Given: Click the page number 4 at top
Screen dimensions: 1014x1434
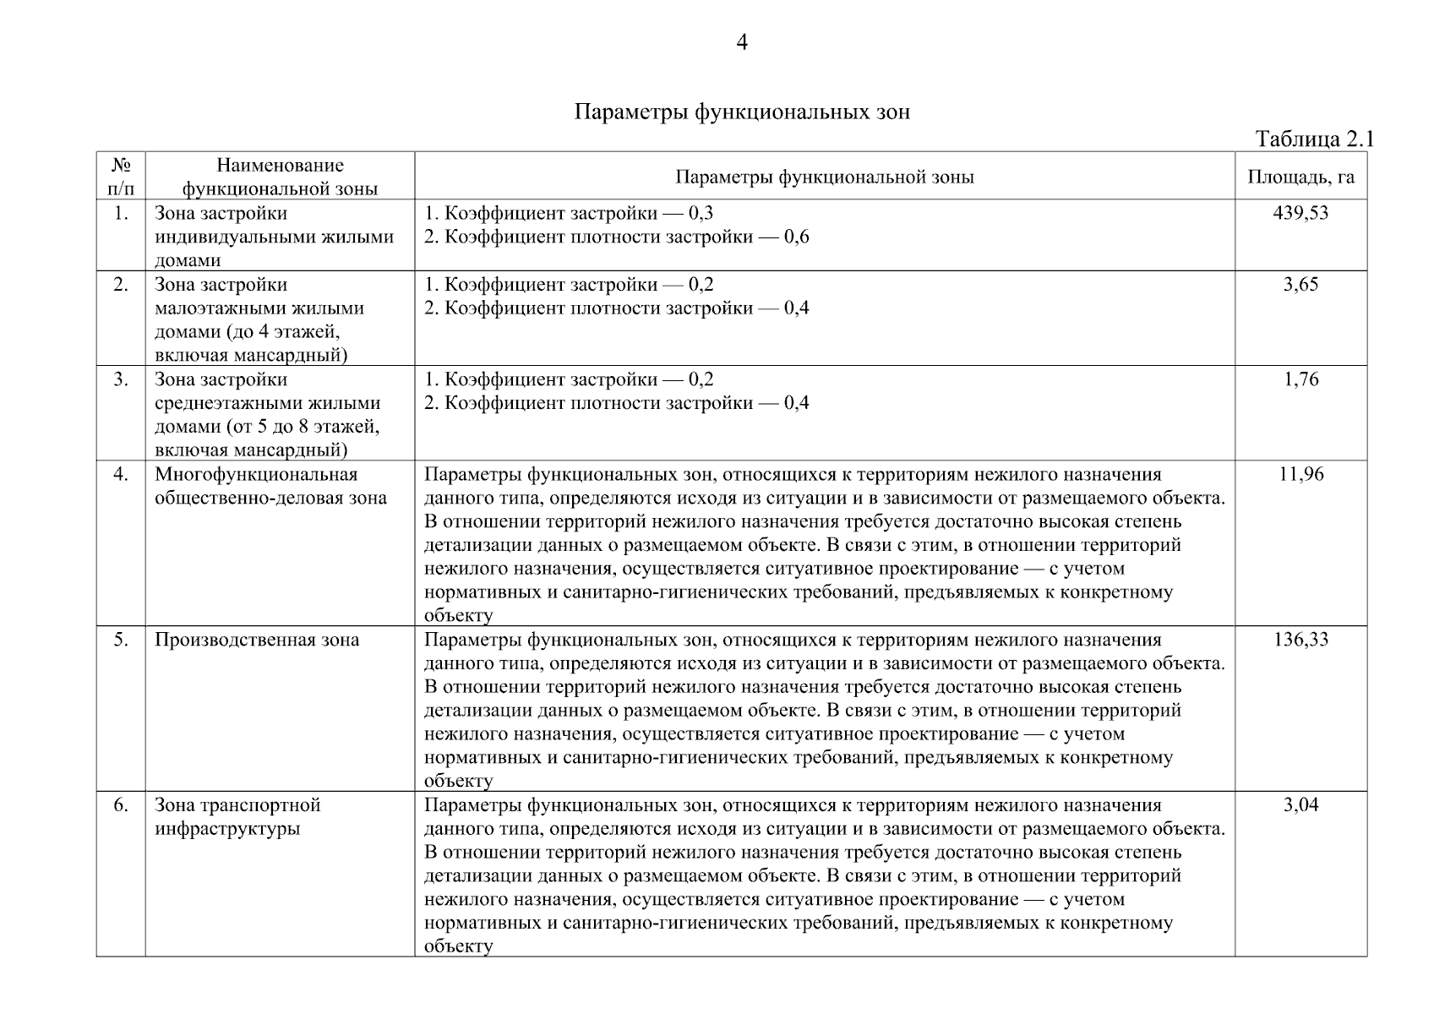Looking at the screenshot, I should [x=742, y=42].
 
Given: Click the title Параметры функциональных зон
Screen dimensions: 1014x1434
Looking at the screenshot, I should [x=742, y=112].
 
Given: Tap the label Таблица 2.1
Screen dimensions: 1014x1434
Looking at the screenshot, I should [x=1314, y=139].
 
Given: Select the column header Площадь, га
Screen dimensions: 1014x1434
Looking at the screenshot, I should [x=1300, y=177].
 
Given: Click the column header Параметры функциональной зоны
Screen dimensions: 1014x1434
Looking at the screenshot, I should [x=825, y=177].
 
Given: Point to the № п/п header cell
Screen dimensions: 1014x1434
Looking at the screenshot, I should [x=121, y=177].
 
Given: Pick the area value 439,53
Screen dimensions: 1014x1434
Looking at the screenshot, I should [x=1300, y=213].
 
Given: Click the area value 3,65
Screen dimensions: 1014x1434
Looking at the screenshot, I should [x=1300, y=285].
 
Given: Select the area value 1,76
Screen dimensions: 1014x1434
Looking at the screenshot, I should [x=1300, y=379].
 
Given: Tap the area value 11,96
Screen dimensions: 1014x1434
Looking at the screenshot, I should [x=1300, y=474].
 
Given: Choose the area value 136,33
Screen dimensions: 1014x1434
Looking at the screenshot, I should [x=1300, y=640].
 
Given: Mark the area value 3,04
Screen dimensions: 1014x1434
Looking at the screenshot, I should [x=1300, y=805].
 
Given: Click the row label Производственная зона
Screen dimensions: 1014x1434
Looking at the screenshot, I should [x=257, y=640].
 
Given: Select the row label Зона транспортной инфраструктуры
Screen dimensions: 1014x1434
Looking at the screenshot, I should [x=237, y=816].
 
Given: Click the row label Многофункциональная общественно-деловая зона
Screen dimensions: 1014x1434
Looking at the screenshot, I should [x=270, y=486].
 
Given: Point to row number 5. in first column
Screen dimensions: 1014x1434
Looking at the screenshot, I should [x=121, y=640].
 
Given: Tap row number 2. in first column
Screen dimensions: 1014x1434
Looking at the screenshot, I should [x=121, y=285].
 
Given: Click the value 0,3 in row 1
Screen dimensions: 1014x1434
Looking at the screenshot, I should [x=701, y=213].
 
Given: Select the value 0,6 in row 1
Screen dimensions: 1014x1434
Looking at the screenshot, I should [x=796, y=237].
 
